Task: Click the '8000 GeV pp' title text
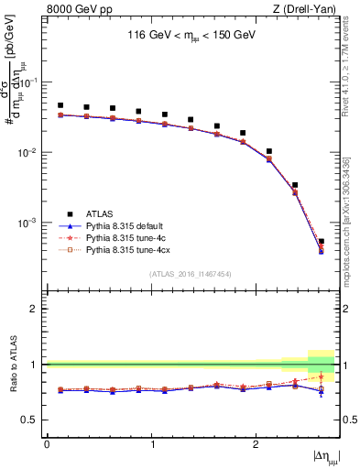click(74, 10)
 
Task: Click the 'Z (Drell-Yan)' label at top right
click(309, 10)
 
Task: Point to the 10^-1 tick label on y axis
click(29, 82)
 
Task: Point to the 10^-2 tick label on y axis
click(29, 153)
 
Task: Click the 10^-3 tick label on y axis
click(29, 224)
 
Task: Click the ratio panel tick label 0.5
click(33, 420)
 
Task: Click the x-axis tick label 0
click(47, 444)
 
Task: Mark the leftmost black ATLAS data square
click(60, 105)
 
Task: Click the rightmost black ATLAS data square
click(321, 242)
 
